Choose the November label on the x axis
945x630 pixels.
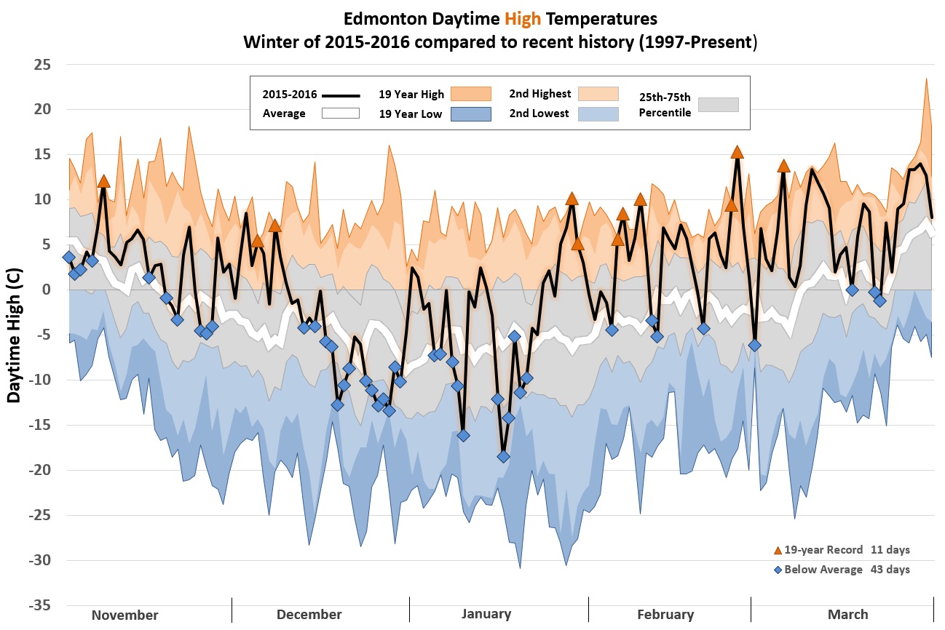[x=124, y=615]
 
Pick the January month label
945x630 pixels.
[x=486, y=614]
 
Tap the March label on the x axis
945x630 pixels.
[x=847, y=615]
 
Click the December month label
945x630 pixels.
[x=309, y=615]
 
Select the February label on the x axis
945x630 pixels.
[x=665, y=615]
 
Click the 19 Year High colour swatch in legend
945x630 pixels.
[x=470, y=95]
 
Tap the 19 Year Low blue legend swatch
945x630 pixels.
[x=470, y=113]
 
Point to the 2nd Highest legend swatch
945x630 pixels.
[x=598, y=94]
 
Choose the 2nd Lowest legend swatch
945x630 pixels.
[x=598, y=113]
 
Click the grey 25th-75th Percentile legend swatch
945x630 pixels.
[x=718, y=105]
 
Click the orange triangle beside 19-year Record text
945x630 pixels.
[x=777, y=551]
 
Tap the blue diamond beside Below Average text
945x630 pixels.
[x=777, y=570]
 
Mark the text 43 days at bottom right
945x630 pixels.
[x=890, y=570]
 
